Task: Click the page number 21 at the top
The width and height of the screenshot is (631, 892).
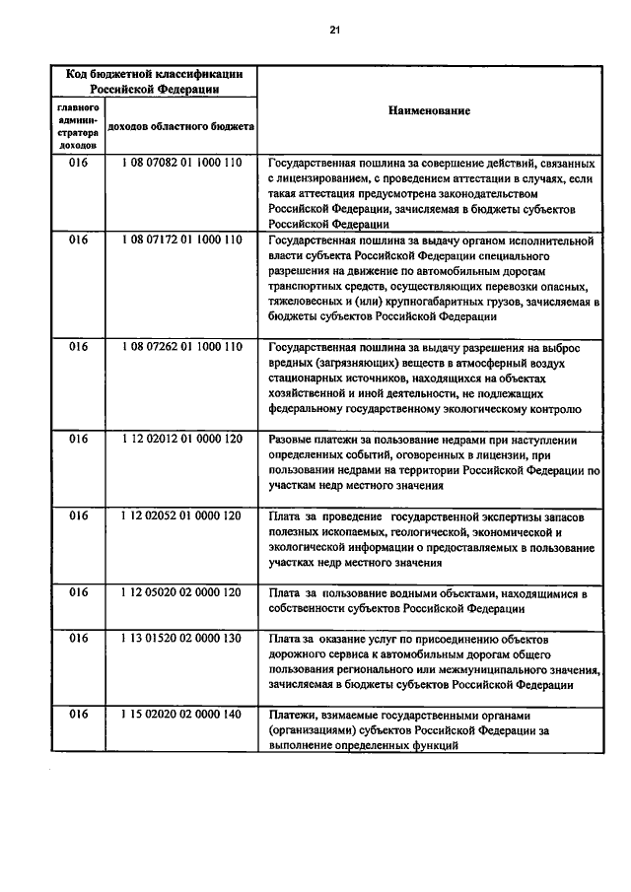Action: click(334, 32)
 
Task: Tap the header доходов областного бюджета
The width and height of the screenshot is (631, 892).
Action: click(181, 126)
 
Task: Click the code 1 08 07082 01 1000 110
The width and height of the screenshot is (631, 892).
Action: click(181, 163)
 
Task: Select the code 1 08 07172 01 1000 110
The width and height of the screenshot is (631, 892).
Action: click(181, 240)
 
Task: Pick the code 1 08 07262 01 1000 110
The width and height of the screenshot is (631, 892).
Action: click(181, 347)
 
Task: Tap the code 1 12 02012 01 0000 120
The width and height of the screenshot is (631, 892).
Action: click(181, 439)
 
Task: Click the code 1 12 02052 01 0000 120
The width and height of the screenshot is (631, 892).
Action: click(181, 515)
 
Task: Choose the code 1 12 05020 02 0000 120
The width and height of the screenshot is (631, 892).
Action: click(181, 592)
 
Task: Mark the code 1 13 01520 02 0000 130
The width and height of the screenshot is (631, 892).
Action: click(181, 639)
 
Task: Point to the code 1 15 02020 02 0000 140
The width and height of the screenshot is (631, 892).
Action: click(181, 715)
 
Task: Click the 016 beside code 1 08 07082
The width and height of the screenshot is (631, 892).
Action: click(78, 163)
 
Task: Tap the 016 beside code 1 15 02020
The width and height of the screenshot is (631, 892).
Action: click(78, 715)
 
